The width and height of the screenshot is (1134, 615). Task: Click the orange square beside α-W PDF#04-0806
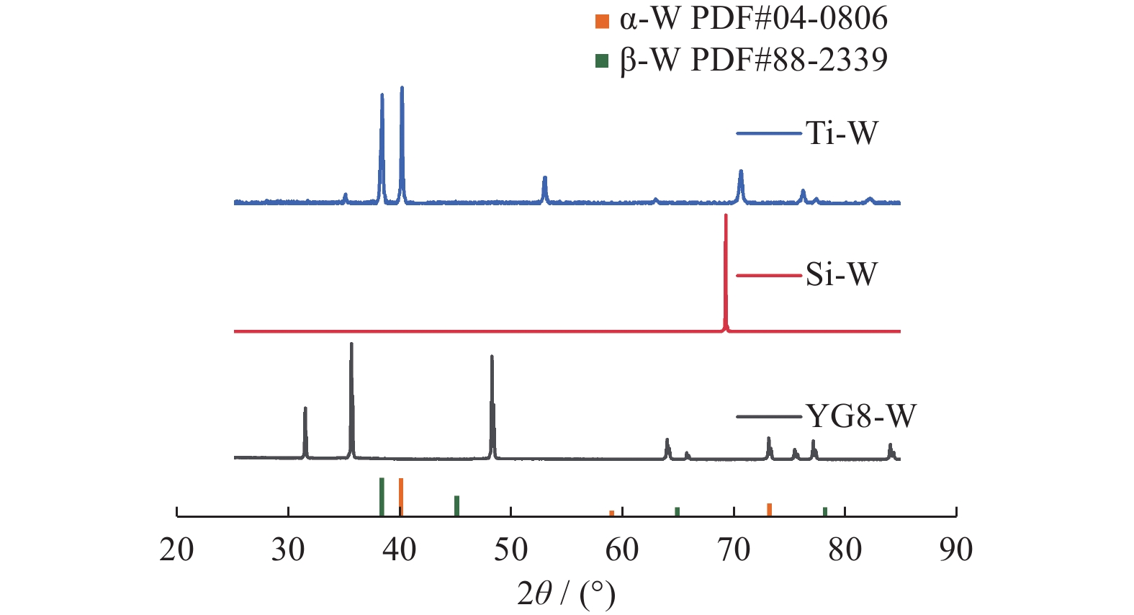coord(602,20)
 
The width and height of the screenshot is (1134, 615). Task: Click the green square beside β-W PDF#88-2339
coord(602,61)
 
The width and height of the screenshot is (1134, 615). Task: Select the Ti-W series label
coord(842,133)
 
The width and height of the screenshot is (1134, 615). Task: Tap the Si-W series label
coord(842,274)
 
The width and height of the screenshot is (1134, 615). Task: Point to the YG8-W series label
coord(860,416)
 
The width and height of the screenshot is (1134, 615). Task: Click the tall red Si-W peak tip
coord(726,216)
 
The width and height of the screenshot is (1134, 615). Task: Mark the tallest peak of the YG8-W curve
coord(351,344)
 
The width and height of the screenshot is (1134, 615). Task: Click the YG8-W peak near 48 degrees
coord(492,357)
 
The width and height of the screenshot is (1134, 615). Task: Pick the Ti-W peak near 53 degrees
coord(545,178)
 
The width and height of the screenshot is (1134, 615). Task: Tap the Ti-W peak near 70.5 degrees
coord(741,171)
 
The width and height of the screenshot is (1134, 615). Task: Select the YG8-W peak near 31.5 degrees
coord(305,409)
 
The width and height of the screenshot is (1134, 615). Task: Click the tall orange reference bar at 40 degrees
coord(401,496)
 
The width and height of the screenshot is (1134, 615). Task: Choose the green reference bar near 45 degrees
coord(456,506)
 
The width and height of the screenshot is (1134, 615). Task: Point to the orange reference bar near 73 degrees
coord(769,510)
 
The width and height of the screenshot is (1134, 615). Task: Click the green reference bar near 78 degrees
coord(825,512)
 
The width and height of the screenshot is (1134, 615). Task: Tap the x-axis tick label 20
coord(176,550)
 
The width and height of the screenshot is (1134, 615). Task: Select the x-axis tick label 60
coord(622,550)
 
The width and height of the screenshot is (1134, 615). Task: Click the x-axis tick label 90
coord(956,550)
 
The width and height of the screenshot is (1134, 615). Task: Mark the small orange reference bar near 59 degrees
coord(612,513)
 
